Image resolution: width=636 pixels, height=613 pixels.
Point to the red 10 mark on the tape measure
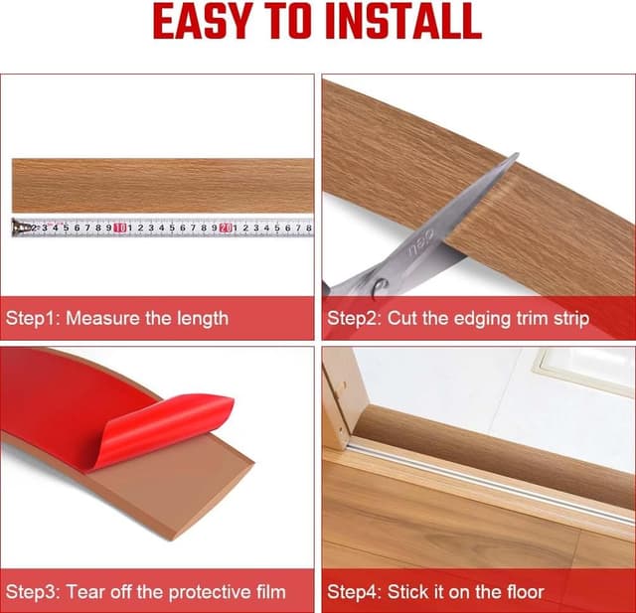coord(118,228)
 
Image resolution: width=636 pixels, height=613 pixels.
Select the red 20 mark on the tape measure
coord(226,228)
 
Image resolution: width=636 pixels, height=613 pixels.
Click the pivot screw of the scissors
coord(379,289)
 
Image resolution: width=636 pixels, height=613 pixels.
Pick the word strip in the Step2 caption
coord(566,319)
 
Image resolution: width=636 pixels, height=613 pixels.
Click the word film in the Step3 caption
coord(266,592)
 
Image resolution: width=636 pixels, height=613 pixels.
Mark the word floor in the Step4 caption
coord(523,592)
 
